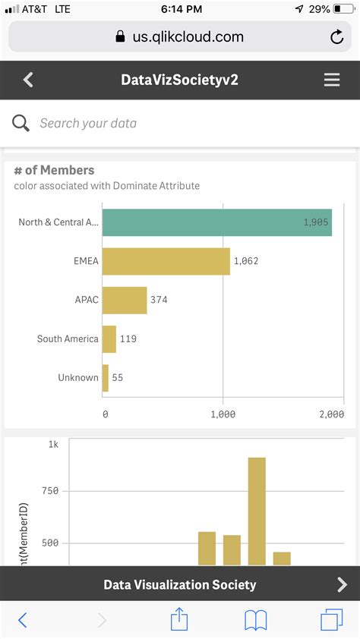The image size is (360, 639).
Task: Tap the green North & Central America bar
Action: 216,222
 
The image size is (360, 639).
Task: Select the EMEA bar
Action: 166,261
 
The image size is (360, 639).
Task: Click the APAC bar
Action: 125,300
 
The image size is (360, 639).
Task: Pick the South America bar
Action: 109,338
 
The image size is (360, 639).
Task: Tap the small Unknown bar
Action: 106,377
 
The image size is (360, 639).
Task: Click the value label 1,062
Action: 246,261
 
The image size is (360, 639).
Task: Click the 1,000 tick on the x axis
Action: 223,414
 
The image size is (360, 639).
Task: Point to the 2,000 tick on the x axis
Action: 330,414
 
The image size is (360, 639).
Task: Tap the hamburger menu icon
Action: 332,80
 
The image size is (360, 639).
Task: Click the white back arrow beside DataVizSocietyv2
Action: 28,80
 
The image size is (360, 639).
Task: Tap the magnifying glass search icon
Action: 21,123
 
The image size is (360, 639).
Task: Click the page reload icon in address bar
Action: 336,36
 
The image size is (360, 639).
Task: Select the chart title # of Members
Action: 54,170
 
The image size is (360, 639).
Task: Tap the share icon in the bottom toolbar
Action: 178,619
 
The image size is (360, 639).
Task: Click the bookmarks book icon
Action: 255,620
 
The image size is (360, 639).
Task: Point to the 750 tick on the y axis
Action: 50,491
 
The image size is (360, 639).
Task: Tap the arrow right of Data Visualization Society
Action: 342,584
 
